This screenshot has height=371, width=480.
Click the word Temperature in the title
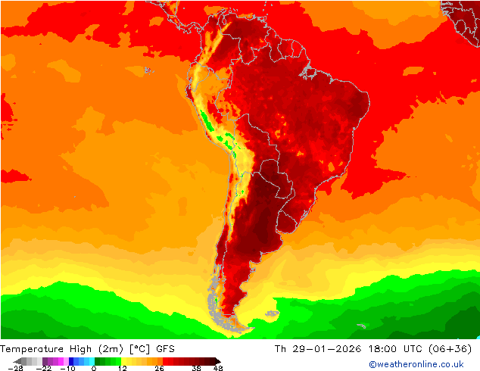[x=33, y=349]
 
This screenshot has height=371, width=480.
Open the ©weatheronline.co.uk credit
[x=416, y=364]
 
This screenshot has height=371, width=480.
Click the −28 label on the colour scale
[x=14, y=368]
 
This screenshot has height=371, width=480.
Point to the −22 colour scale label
[x=43, y=368]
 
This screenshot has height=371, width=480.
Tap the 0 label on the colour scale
[x=94, y=368]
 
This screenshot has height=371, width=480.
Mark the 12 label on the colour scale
[x=121, y=368]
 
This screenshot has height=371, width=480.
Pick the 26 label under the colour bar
[x=158, y=368]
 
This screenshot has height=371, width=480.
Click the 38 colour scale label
[x=195, y=368]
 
